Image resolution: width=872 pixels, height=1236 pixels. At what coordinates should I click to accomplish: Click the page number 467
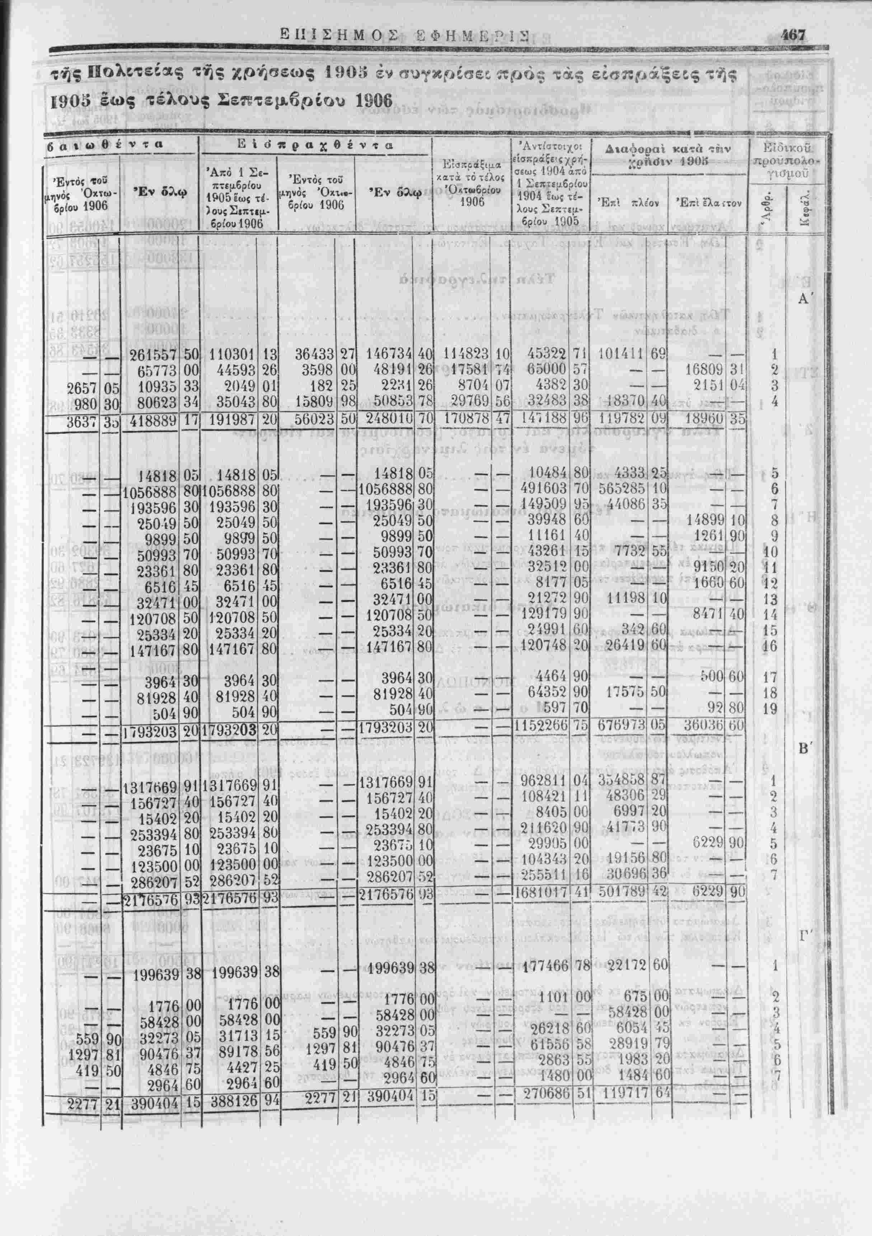click(793, 36)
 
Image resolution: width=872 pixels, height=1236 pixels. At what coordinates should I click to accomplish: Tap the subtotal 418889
click(154, 418)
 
